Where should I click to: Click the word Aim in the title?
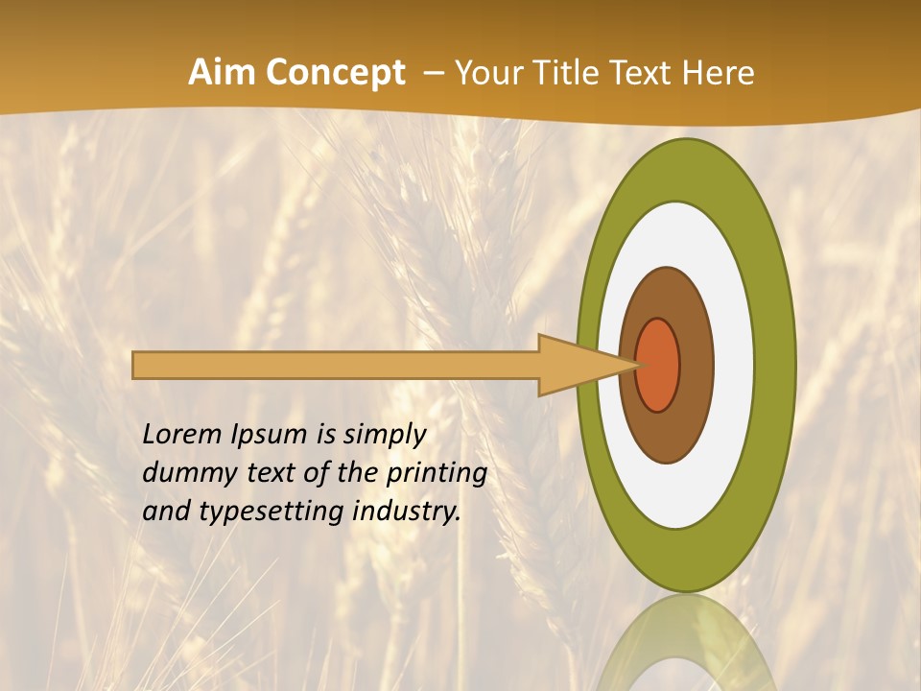pyautogui.click(x=223, y=73)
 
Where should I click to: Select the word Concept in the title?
pyautogui.click(x=335, y=73)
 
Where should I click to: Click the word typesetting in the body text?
pyautogui.click(x=270, y=512)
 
